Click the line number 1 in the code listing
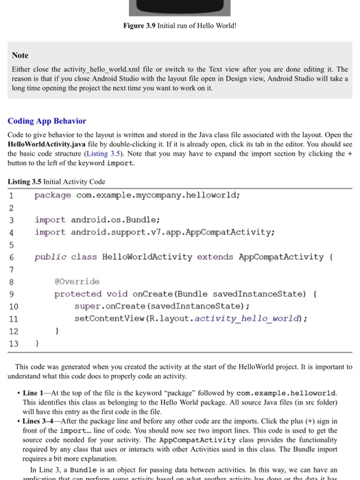tap(11, 195)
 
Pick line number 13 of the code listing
tap(13, 343)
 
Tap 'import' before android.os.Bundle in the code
tap(51, 219)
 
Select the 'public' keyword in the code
tap(50, 256)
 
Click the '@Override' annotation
tap(77, 281)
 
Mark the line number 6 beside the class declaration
tap(11, 256)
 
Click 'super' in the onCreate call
tap(88, 306)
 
